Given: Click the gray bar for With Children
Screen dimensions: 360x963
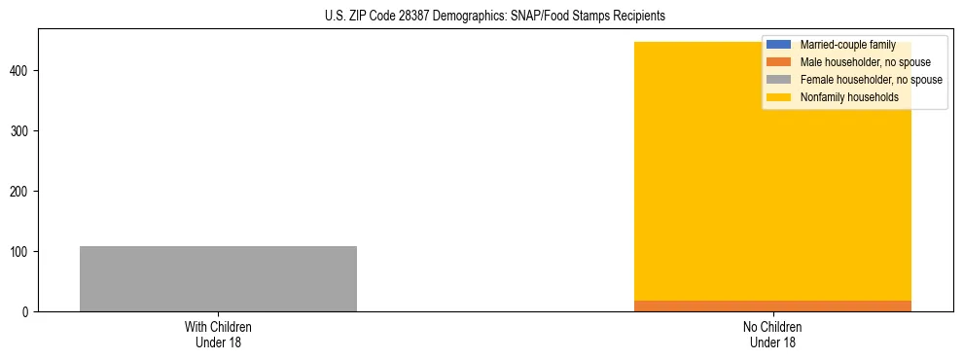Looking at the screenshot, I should click(218, 278).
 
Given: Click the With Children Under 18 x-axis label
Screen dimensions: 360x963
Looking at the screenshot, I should click(218, 334).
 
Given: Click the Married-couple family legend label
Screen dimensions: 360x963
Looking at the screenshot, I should click(847, 45).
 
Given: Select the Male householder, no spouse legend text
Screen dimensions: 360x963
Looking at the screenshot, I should click(865, 62).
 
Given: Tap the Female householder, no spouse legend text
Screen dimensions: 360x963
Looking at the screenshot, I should click(871, 80).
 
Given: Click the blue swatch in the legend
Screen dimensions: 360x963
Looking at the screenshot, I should click(780, 45).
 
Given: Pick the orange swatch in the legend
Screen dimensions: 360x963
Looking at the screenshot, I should click(780, 62).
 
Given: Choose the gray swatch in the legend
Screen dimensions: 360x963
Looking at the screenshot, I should click(780, 80).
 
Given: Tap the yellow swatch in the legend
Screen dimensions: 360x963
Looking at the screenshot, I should click(780, 97).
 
